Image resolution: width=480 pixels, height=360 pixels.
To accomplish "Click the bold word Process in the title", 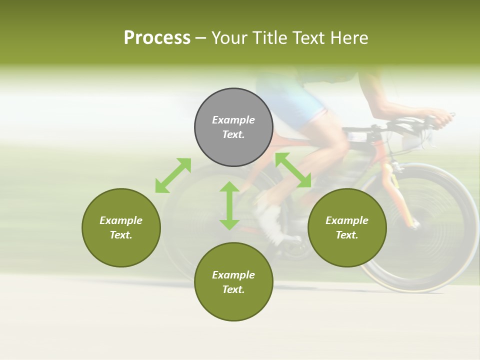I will [x=157, y=38].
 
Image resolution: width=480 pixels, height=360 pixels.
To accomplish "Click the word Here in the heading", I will [x=348, y=38].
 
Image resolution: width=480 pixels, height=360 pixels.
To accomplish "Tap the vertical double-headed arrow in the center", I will [x=229, y=205].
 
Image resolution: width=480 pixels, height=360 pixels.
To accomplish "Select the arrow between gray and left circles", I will [x=173, y=175].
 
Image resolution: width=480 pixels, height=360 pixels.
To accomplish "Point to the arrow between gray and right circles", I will [x=293, y=170].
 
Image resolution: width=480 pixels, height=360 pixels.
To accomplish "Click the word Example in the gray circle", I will [x=233, y=120].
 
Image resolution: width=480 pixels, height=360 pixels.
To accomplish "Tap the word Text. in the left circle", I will [x=121, y=235].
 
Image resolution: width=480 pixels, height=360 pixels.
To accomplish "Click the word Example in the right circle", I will [x=347, y=220].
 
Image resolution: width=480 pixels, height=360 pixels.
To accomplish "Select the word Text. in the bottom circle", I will [x=233, y=289].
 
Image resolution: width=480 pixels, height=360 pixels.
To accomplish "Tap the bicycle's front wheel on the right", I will [x=420, y=227].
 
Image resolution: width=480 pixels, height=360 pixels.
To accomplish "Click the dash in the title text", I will [x=201, y=38].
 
